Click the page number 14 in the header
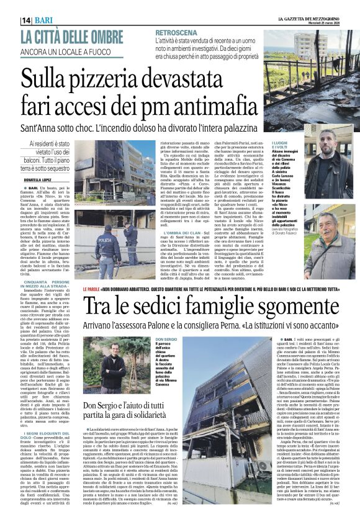pyautogui.click(x=26, y=20)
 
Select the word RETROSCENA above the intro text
pyautogui.click(x=176, y=32)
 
